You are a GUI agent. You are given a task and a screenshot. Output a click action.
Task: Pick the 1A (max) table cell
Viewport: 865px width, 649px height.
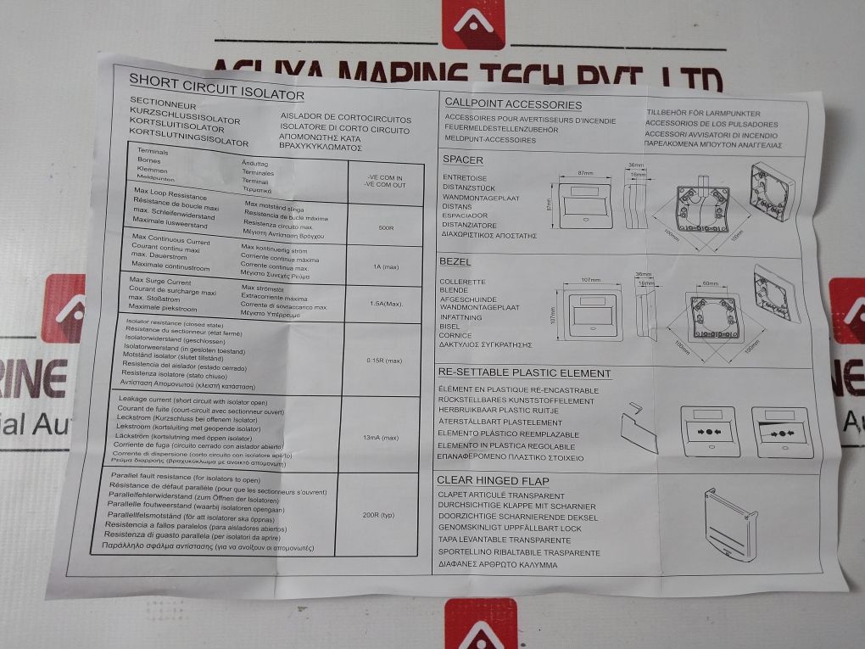pyautogui.click(x=387, y=267)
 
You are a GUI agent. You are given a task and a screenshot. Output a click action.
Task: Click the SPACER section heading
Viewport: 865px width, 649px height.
pyautogui.click(x=463, y=159)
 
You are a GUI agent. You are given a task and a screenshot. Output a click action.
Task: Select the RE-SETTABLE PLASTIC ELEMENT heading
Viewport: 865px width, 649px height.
pyautogui.click(x=523, y=373)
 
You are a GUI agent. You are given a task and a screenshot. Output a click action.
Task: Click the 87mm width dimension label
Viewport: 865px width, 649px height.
pyautogui.click(x=585, y=173)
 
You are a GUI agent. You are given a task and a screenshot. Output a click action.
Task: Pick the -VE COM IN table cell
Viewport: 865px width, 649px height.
pyautogui.click(x=385, y=176)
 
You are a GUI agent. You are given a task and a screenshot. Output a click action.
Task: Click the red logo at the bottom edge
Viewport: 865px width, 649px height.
pyautogui.click(x=480, y=624)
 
